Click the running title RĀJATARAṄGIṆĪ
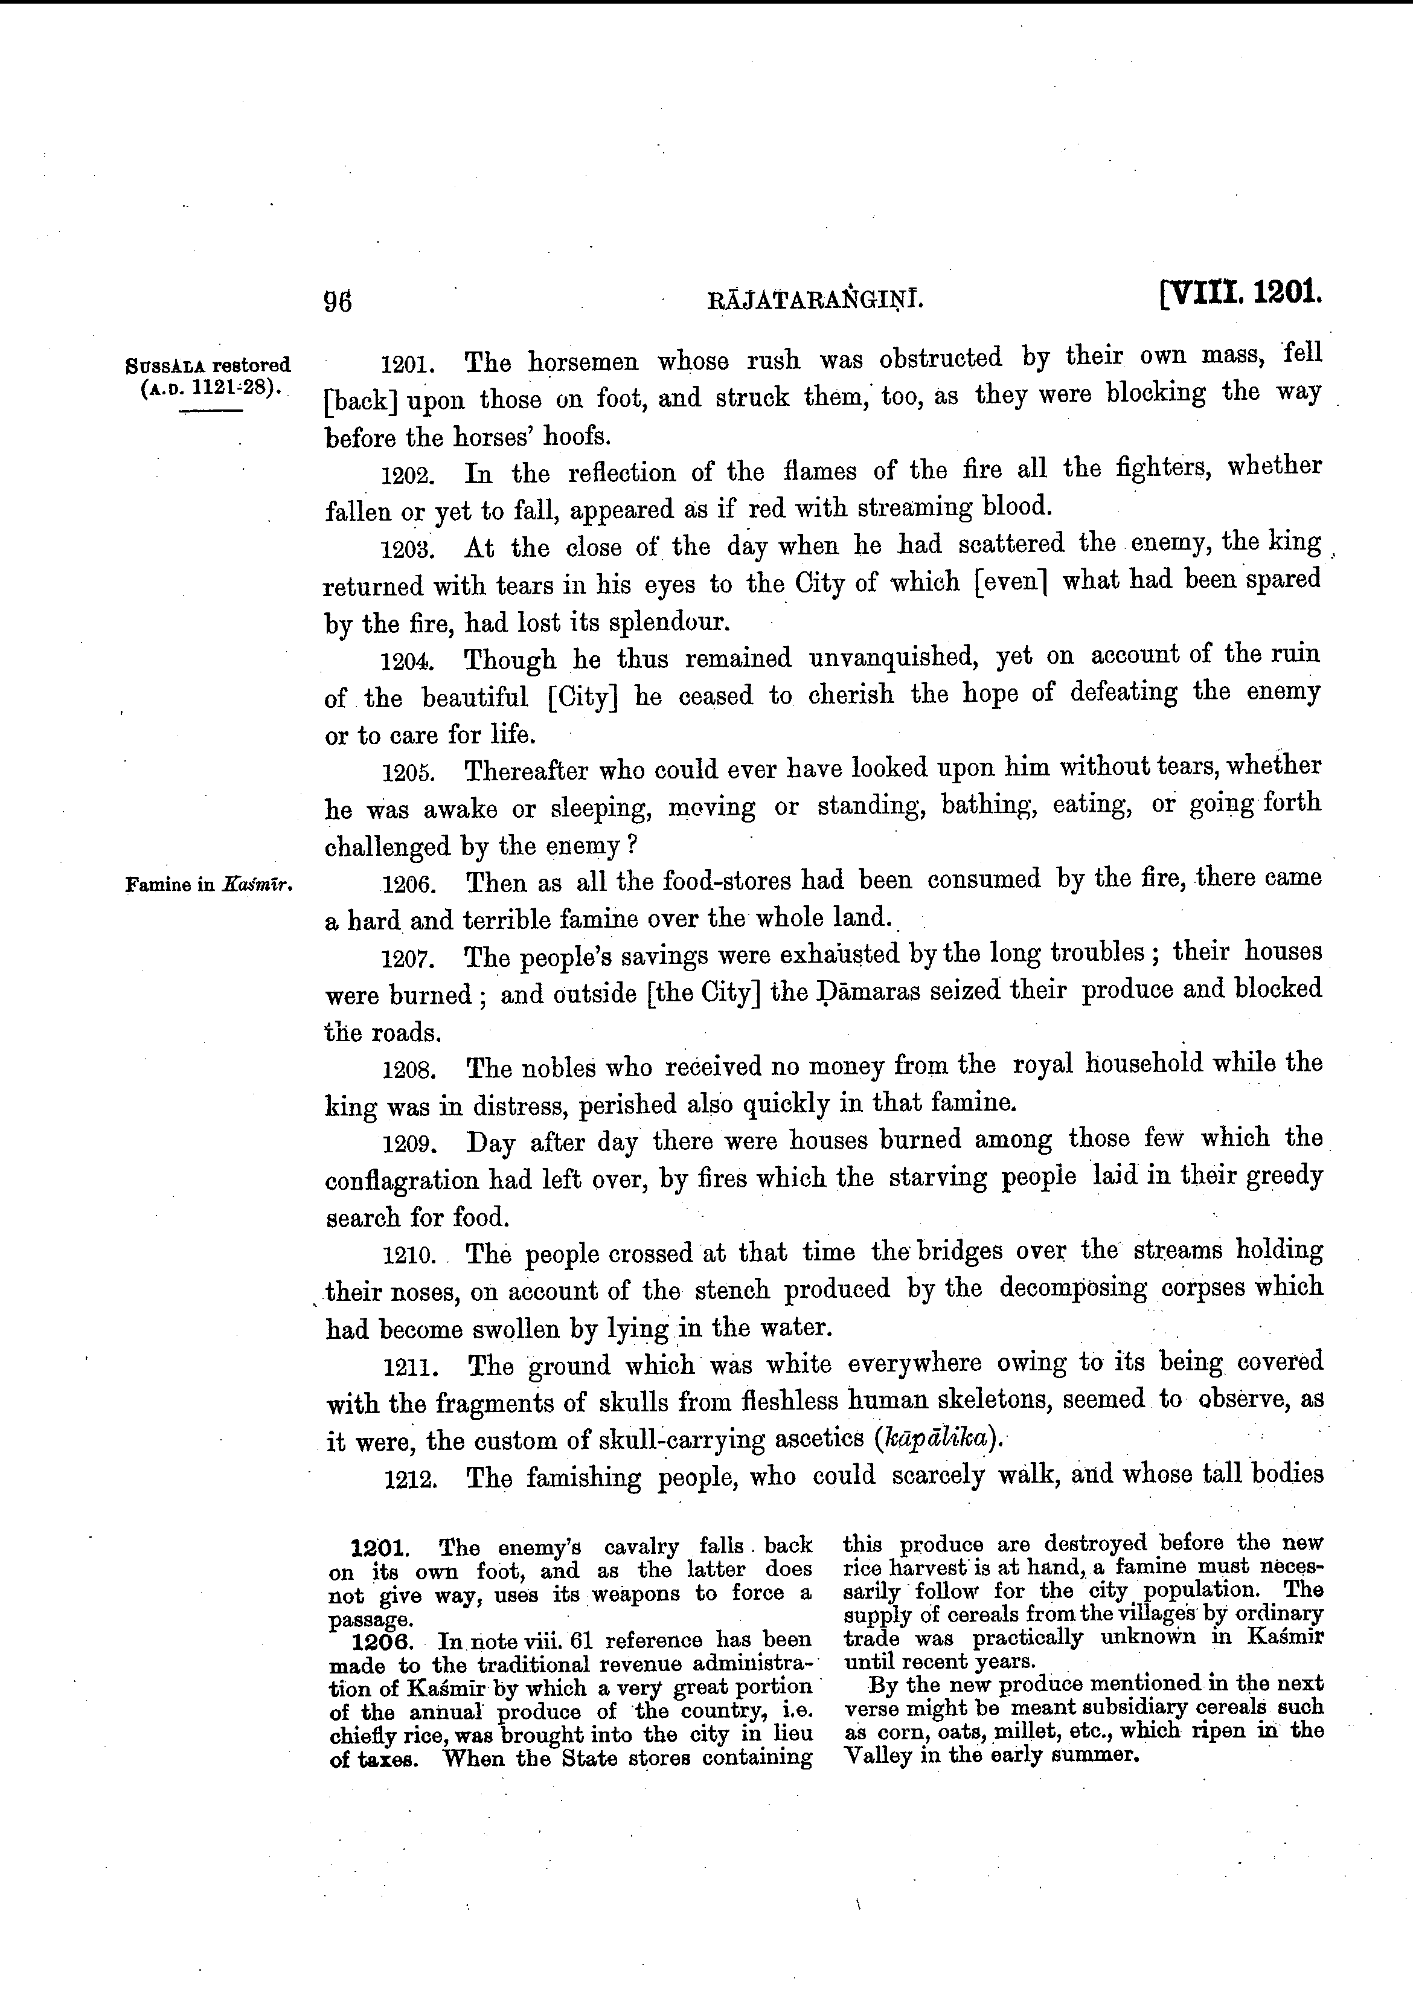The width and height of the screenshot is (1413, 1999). tap(816, 301)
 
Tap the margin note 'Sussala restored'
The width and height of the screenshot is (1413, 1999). tap(208, 365)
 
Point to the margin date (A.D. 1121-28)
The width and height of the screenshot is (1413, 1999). tap(209, 388)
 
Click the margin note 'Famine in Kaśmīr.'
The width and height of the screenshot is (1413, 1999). tap(209, 885)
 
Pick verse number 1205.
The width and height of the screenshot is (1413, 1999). tap(406, 773)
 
